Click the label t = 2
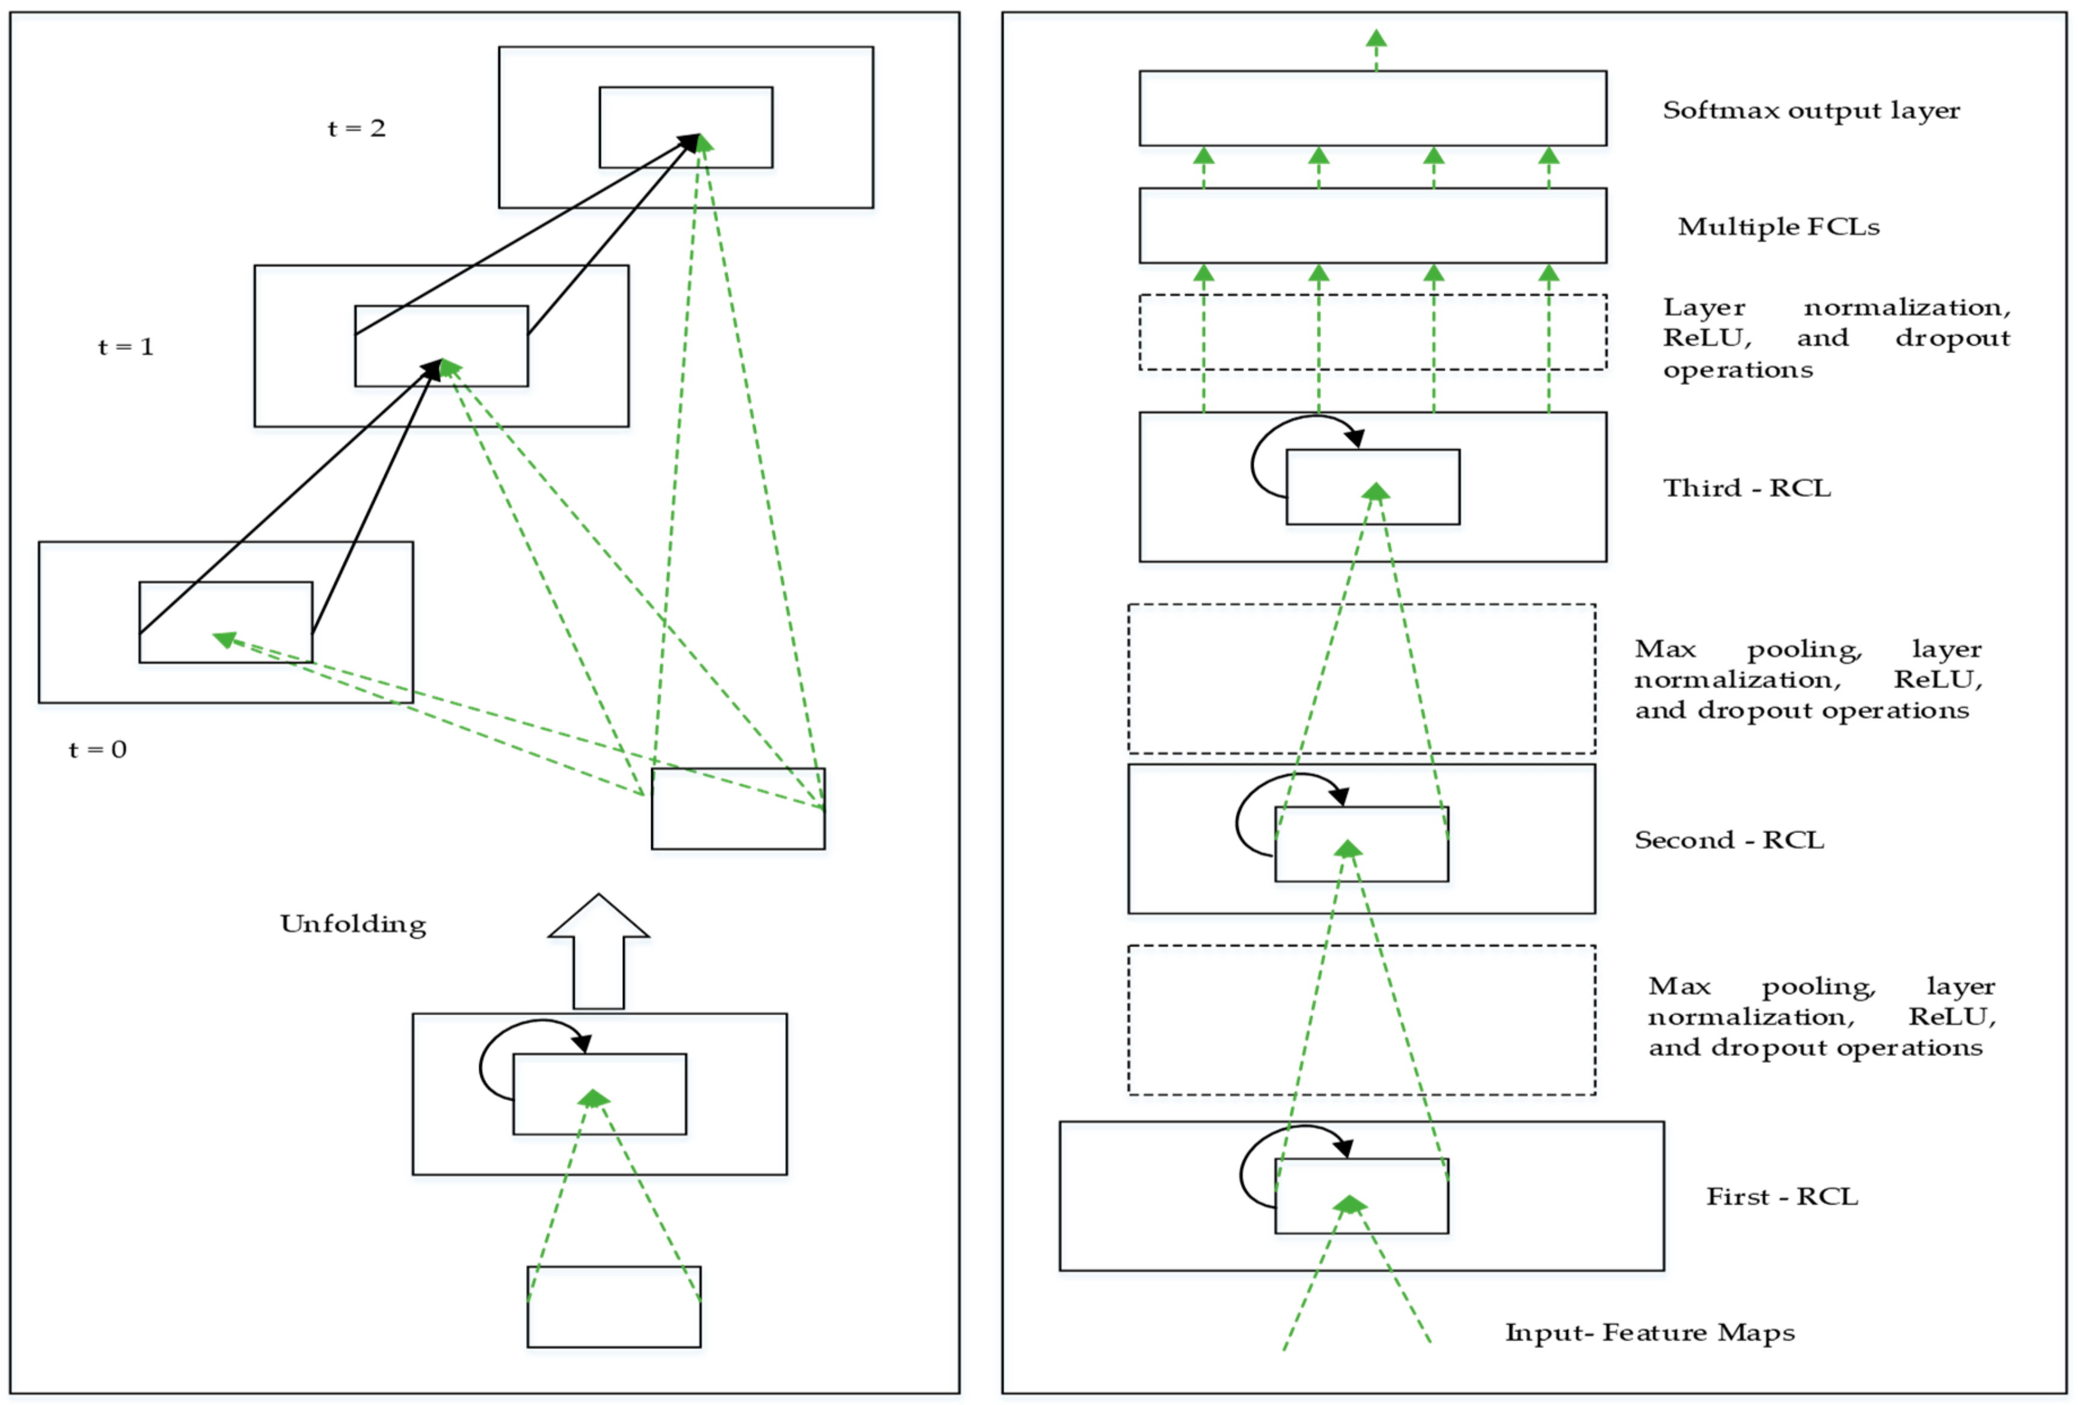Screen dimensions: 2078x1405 357,128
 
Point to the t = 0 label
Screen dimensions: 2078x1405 97,749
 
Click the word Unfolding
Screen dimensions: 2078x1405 353,924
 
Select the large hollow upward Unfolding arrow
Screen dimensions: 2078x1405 598,952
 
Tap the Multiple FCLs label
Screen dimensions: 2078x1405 1779,227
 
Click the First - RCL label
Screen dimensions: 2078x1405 1782,1197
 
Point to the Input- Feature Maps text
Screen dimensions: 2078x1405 1650,1333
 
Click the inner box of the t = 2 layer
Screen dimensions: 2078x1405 686,88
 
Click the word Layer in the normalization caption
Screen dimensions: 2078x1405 1703,308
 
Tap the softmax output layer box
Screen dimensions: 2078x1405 1373,72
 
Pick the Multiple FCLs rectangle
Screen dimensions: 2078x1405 1373,189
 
